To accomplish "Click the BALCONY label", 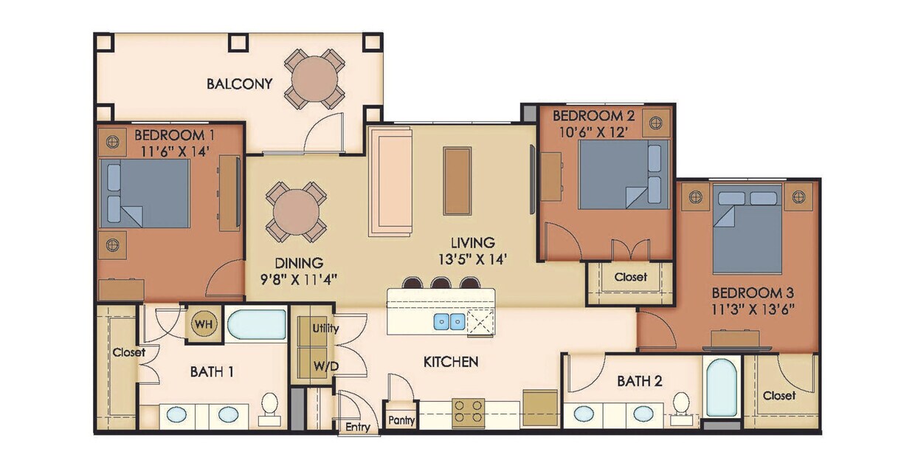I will click(239, 83).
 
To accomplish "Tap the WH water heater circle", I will click(203, 324).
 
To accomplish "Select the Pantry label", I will click(401, 421).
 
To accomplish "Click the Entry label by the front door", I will click(359, 427).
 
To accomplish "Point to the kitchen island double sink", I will click(449, 321).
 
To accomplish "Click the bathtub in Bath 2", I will click(721, 388).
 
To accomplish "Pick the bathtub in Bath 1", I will click(256, 324).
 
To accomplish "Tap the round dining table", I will click(296, 211).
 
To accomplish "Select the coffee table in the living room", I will click(457, 181).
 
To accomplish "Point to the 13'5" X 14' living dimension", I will click(474, 258).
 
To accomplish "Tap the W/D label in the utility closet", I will click(325, 365).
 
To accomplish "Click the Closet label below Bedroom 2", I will click(630, 277).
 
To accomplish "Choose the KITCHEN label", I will click(451, 362).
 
